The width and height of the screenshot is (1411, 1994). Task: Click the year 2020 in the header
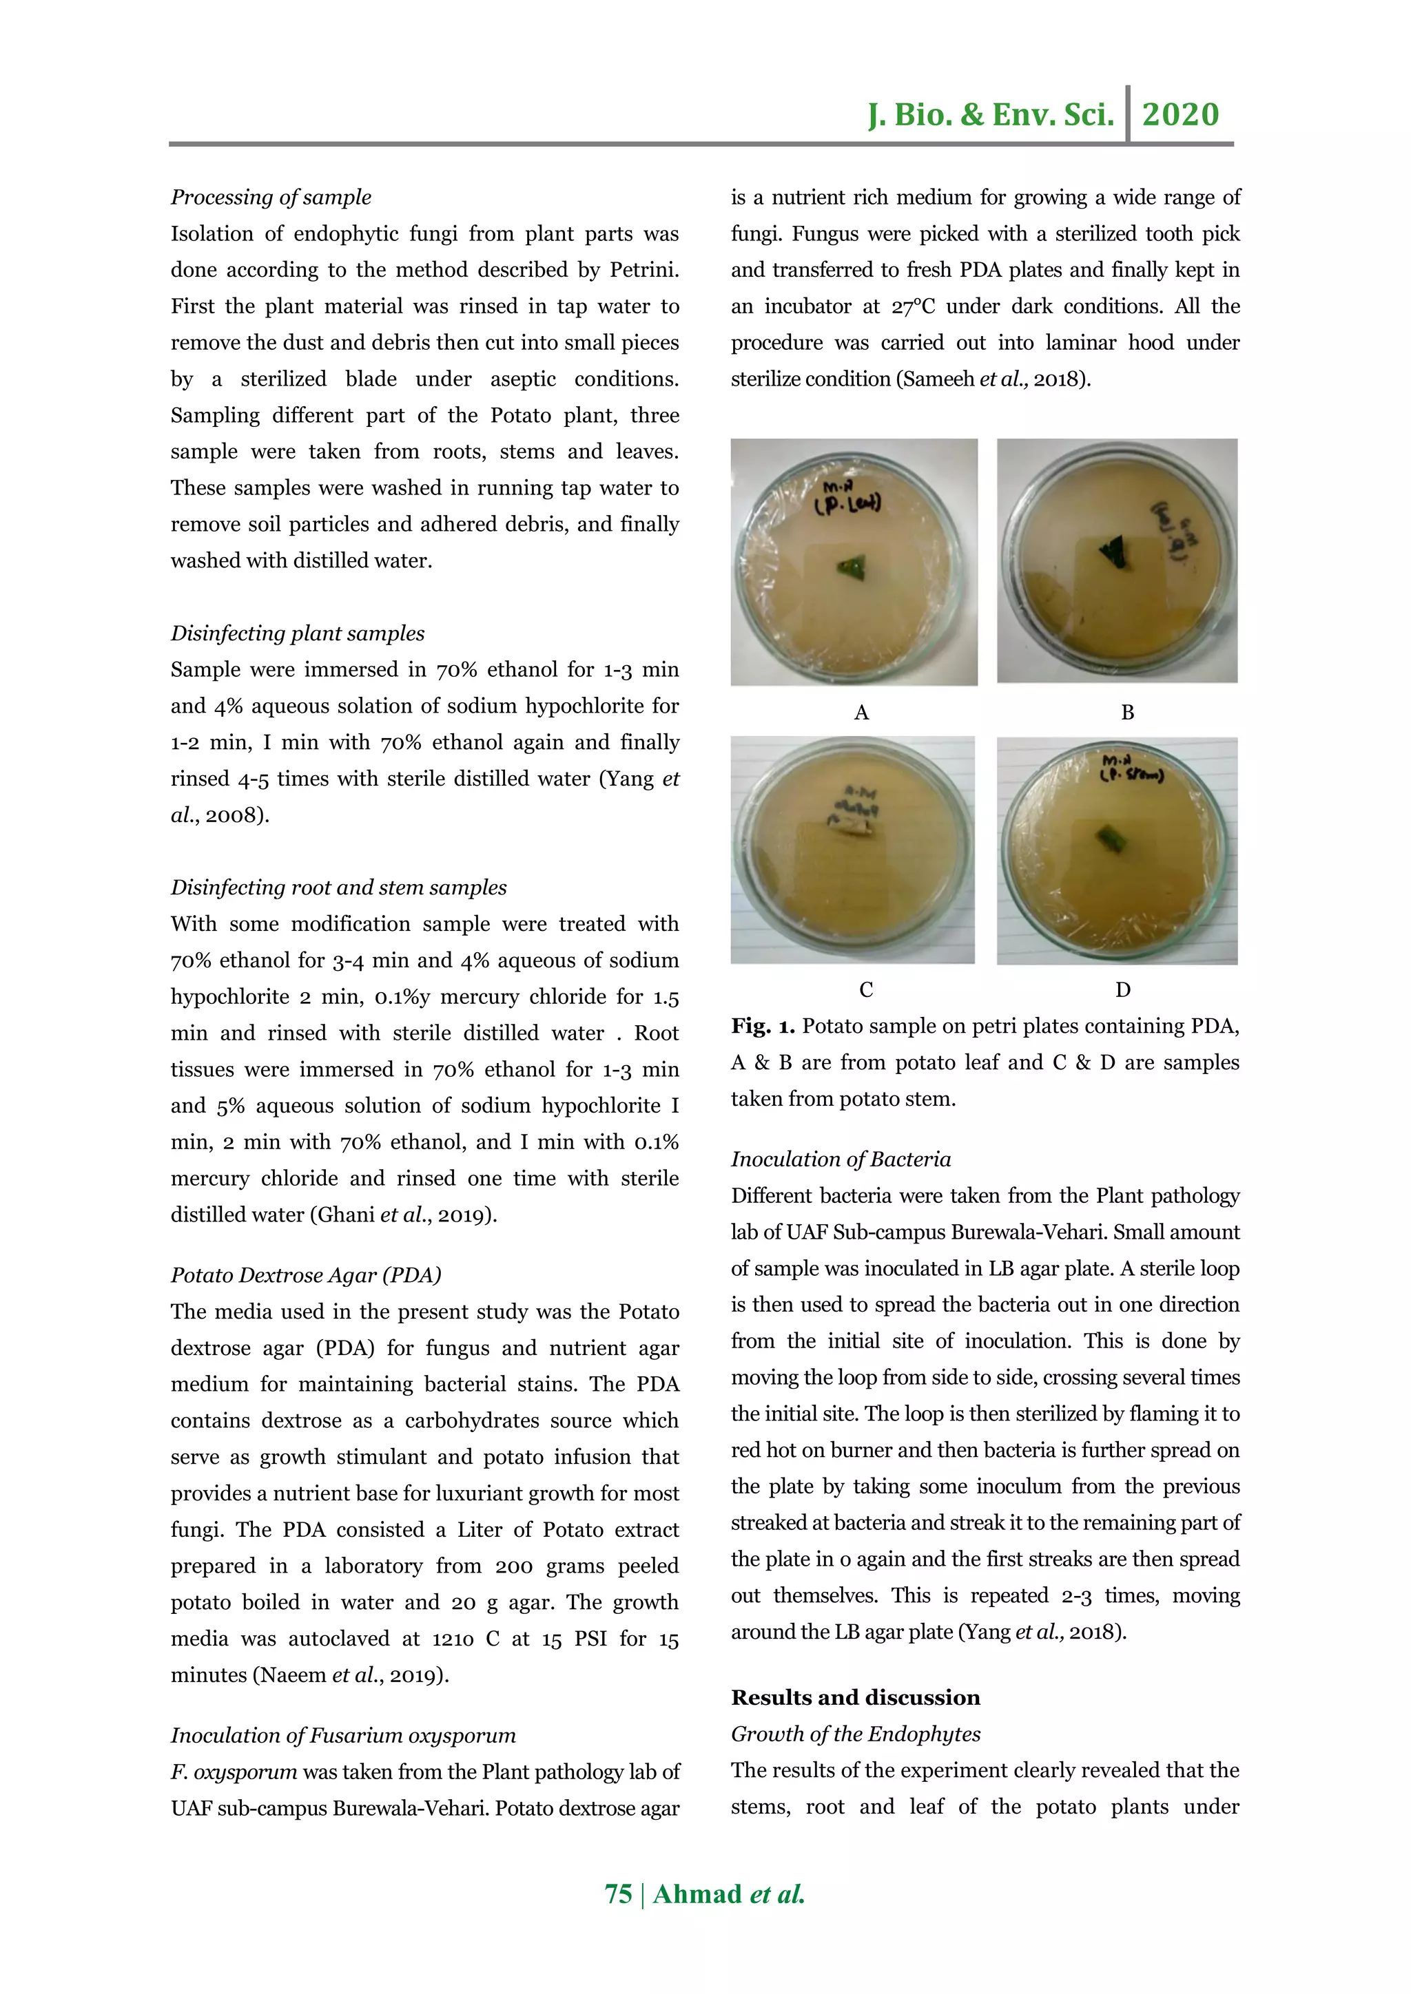tap(1180, 114)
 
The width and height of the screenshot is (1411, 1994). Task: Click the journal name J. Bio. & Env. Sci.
tap(991, 114)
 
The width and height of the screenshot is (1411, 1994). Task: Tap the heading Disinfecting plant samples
tap(297, 633)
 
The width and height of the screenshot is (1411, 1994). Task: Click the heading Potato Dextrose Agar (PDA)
tap(306, 1275)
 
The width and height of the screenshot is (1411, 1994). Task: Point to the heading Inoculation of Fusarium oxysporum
tap(343, 1735)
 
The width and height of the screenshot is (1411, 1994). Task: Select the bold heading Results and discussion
tap(855, 1697)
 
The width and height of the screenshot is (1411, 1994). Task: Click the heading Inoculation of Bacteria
tap(840, 1159)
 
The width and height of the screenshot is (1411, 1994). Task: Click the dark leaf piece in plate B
tap(1113, 552)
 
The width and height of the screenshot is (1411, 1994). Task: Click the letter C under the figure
tap(865, 989)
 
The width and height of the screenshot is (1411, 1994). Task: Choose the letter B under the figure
tap(1127, 712)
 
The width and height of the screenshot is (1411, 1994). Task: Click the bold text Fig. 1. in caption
tap(762, 1027)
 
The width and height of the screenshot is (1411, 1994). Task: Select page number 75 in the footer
tap(618, 1894)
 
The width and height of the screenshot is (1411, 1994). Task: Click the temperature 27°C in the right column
tap(912, 306)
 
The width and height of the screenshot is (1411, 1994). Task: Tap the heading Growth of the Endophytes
tap(855, 1734)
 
